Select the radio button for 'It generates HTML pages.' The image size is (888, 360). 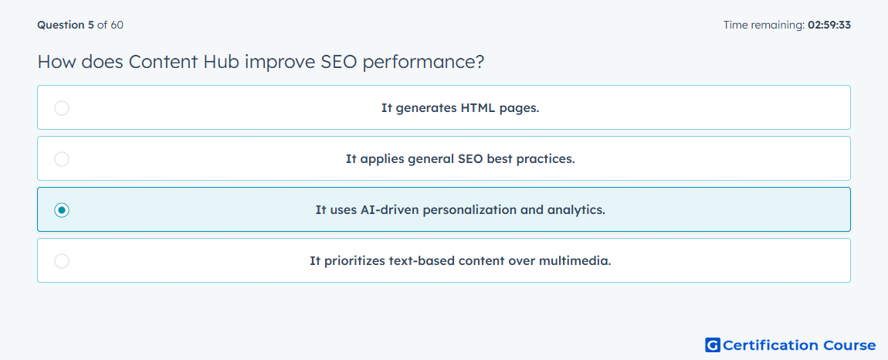[62, 108]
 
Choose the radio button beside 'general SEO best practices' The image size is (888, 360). [62, 159]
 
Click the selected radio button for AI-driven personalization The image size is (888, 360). [62, 210]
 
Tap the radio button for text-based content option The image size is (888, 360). [62, 261]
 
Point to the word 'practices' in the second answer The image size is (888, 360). [549, 159]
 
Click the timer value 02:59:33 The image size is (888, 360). [829, 25]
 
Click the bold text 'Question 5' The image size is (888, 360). [66, 25]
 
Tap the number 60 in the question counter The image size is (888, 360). [117, 25]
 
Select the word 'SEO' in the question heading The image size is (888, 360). [339, 62]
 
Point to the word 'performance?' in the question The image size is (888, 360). [423, 63]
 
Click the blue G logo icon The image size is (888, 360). [713, 345]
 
